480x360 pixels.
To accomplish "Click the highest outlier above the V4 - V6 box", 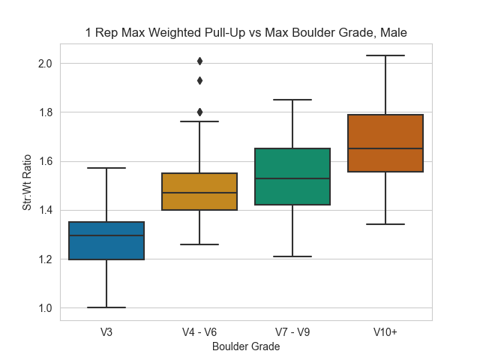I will click(199, 61).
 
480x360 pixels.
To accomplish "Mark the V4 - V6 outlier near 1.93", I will click(199, 80).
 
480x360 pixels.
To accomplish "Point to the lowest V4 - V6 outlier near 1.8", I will click(199, 112).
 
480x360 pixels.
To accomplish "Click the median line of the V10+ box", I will click(385, 148).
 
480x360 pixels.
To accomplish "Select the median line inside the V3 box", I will click(106, 235).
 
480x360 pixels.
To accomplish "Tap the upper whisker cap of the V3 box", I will click(106, 168).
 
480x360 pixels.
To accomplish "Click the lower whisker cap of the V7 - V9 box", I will click(292, 256).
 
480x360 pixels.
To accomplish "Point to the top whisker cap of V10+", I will click(385, 55).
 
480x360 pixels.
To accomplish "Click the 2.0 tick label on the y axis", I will click(45, 63).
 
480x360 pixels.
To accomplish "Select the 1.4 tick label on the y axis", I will click(45, 210).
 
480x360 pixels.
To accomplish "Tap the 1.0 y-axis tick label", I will click(45, 308).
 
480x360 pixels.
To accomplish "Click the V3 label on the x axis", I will click(106, 331).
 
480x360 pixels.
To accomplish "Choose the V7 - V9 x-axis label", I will click(292, 331).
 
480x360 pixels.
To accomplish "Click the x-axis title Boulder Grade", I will click(246, 346).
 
